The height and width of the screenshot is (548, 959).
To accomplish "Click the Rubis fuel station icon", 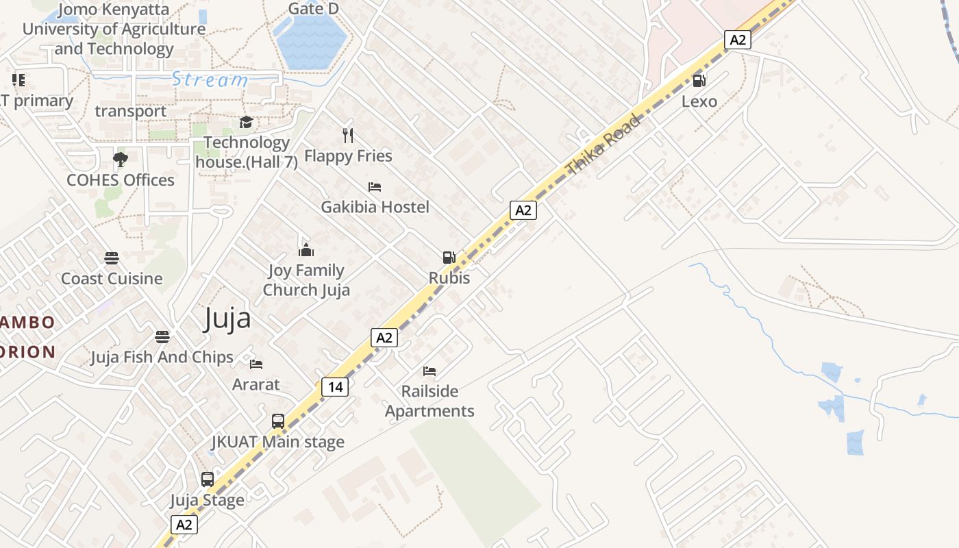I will click(x=449, y=258).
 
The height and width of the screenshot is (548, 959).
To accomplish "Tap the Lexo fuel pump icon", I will click(x=699, y=81).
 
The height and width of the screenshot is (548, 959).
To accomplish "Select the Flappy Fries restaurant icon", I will click(x=348, y=136).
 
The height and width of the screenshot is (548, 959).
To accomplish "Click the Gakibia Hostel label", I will click(x=375, y=207).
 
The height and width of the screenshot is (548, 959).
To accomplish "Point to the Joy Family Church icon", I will click(x=306, y=250).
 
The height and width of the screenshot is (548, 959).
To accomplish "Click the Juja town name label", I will click(x=227, y=319).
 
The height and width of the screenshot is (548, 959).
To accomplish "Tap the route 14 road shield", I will click(x=335, y=387).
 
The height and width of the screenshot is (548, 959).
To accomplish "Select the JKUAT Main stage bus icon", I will click(x=278, y=421).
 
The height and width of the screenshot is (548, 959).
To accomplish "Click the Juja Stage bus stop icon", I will click(x=208, y=480).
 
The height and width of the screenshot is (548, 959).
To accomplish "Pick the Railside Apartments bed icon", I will click(x=429, y=371).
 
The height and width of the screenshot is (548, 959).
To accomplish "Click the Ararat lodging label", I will click(x=256, y=384).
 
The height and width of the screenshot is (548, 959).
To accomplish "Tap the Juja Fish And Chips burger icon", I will click(x=162, y=337).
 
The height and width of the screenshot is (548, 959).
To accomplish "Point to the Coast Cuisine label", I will click(x=112, y=279).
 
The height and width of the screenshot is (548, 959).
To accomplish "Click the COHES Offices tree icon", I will click(x=121, y=160).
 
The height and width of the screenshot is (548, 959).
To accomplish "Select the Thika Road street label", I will click(x=603, y=145).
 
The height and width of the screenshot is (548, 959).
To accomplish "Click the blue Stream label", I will click(x=209, y=79).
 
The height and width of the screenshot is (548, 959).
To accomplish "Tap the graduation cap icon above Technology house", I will click(x=246, y=122).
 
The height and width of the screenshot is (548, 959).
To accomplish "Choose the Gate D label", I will click(x=314, y=9).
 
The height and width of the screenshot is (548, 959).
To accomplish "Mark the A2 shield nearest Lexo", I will click(x=737, y=40).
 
